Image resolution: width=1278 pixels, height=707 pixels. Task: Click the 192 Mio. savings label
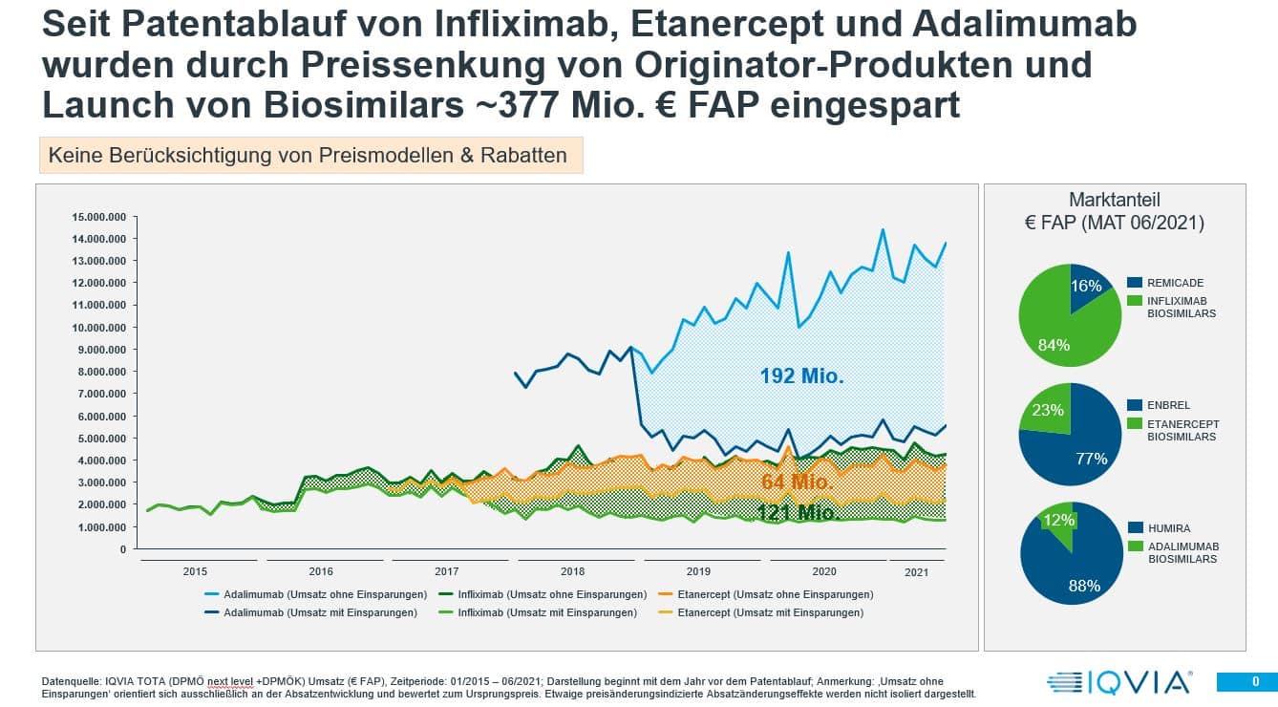801,376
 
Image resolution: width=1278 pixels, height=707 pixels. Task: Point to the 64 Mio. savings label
798,481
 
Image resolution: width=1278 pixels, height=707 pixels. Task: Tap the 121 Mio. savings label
796,512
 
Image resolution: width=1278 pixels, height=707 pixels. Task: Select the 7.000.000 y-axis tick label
101,394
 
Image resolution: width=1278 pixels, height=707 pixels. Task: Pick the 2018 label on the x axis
572,570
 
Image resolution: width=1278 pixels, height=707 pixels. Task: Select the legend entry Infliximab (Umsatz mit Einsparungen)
547,612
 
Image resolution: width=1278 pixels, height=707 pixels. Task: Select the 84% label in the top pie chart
1054,345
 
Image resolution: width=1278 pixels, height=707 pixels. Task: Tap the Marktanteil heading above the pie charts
1114,201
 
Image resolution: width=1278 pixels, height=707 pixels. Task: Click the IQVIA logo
1118,682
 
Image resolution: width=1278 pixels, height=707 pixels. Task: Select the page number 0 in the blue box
1255,681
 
